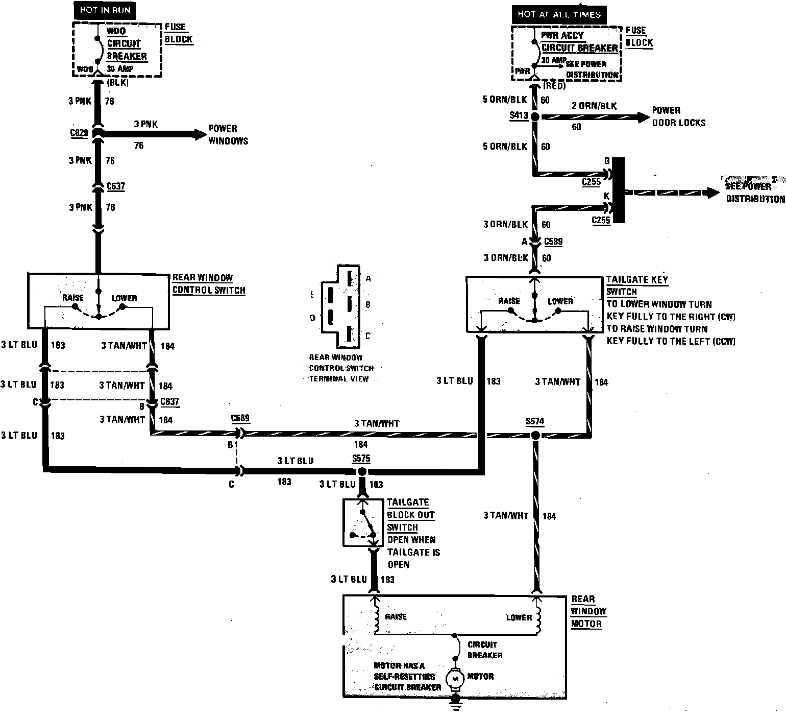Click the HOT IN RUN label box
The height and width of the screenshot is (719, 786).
(x=105, y=10)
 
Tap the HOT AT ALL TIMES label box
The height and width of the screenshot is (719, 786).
(x=559, y=14)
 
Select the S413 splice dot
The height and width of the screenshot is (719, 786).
(x=535, y=117)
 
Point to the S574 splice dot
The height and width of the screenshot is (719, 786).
(x=535, y=436)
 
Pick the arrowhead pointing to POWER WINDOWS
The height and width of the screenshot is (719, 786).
(x=199, y=134)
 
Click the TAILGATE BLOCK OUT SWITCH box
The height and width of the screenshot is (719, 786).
(x=362, y=522)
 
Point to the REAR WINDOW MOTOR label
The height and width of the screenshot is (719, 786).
(x=588, y=611)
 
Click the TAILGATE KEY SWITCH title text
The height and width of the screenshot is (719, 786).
(x=636, y=285)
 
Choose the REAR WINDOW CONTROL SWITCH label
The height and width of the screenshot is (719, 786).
(x=209, y=284)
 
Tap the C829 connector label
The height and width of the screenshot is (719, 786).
(x=79, y=134)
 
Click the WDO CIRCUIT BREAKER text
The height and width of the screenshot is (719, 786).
(x=127, y=44)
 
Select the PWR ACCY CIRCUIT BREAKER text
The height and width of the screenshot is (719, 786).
(x=579, y=41)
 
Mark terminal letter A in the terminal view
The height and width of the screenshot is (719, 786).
(x=368, y=279)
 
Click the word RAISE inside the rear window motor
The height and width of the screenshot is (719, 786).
(x=396, y=617)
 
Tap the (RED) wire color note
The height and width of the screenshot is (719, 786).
(x=554, y=86)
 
